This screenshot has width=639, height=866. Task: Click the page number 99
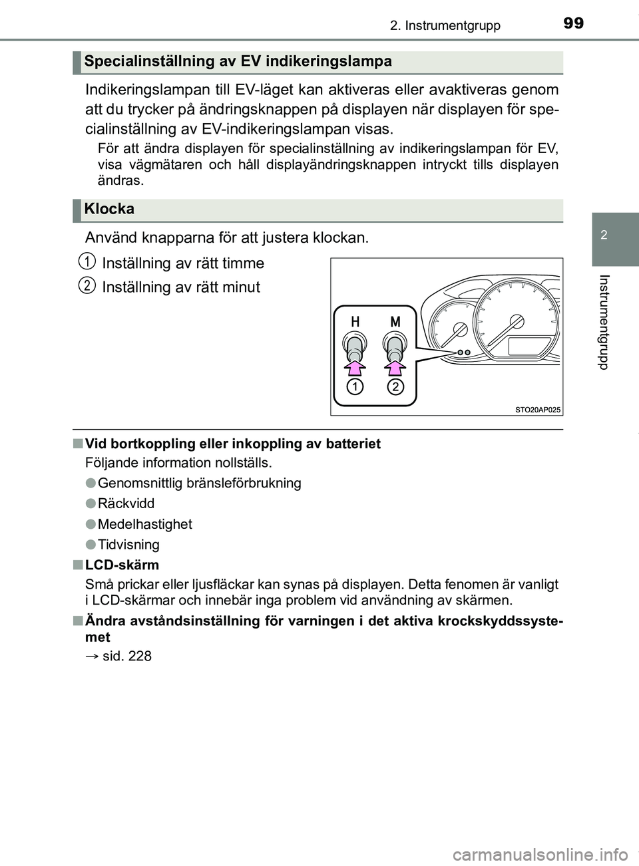573,24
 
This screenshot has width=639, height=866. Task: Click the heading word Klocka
110,209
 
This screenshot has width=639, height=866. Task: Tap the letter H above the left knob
355,321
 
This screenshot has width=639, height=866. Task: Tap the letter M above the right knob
395,321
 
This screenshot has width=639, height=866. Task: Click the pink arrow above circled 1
355,366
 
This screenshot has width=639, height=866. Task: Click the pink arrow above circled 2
395,366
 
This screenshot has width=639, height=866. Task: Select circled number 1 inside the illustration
355,387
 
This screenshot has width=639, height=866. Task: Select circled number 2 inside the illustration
395,387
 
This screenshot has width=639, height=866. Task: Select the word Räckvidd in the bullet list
126,504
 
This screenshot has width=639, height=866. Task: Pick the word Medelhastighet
144,524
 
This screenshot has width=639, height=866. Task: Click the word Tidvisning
128,545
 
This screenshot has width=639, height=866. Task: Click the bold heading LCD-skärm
122,565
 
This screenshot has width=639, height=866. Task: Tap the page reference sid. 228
127,656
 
